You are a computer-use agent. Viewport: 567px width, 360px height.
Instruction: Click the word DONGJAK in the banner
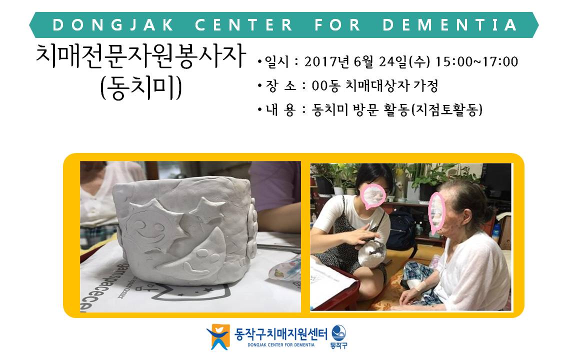[x=113, y=25]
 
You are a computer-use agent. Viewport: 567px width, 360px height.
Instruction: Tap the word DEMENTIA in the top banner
[x=449, y=25]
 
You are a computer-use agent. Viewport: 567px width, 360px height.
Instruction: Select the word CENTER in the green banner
[x=243, y=25]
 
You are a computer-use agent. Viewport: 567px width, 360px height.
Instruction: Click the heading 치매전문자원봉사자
[x=140, y=56]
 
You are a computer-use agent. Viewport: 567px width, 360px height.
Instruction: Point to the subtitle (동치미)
[x=141, y=88]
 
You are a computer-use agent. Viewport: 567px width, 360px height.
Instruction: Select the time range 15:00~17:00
[x=476, y=61]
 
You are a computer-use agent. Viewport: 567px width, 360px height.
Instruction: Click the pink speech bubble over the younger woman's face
[x=373, y=196]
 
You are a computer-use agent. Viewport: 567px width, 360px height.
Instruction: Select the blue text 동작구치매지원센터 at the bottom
[x=281, y=333]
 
